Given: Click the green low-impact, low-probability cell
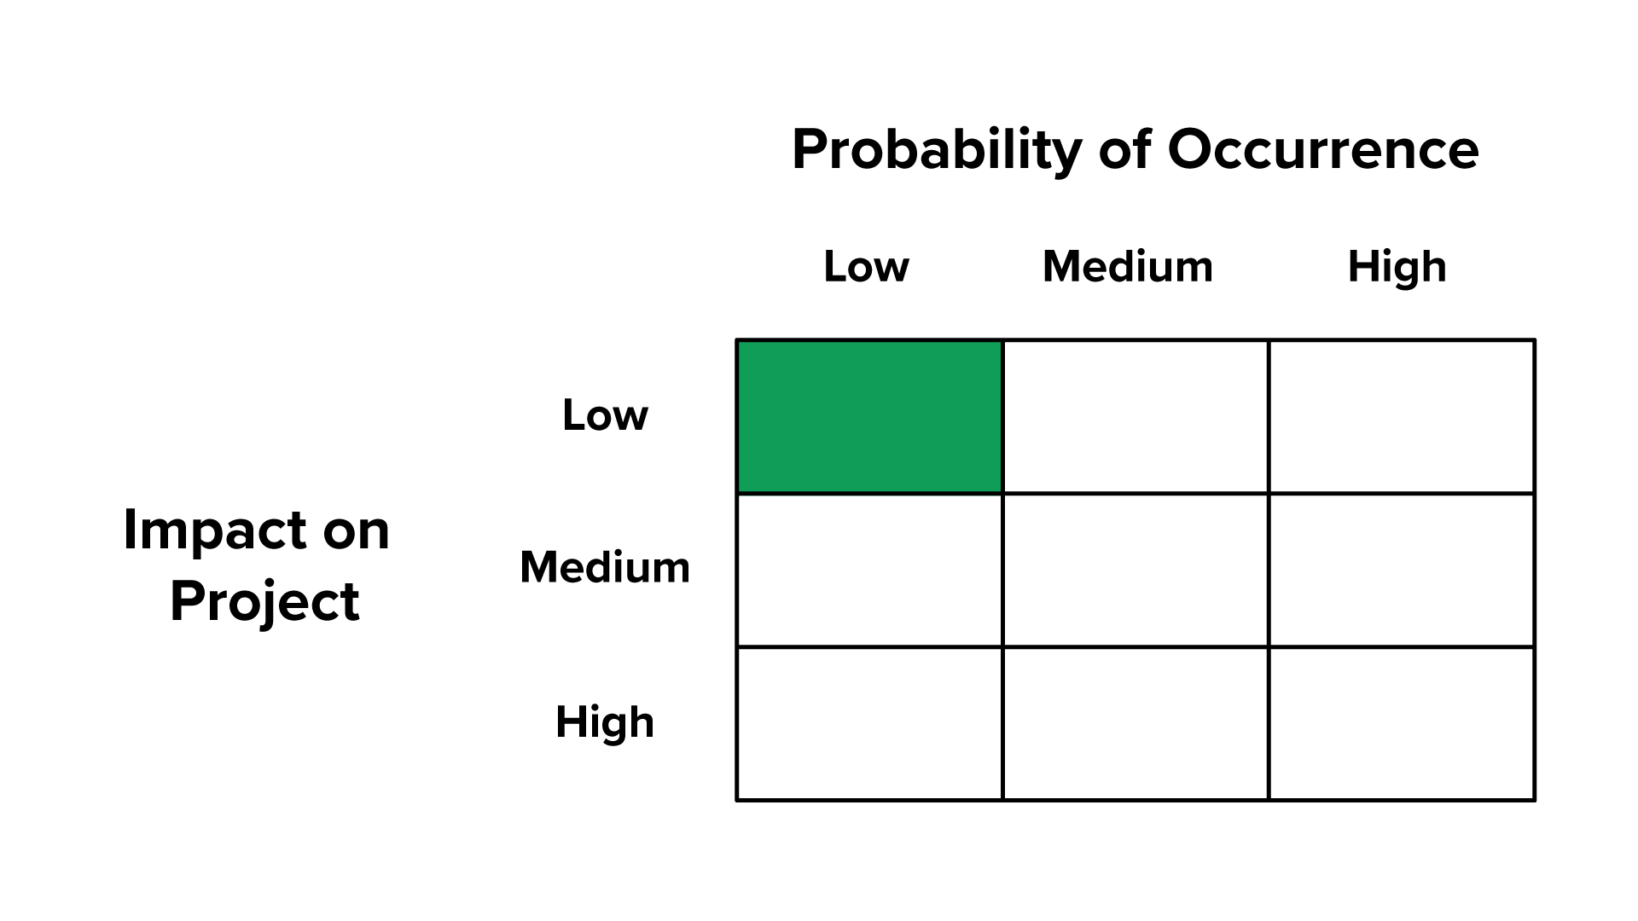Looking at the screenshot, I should [x=869, y=416].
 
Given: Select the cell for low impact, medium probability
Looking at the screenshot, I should [x=1136, y=416].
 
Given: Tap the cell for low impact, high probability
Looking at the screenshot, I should [x=1402, y=416].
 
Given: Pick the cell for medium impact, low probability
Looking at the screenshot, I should [x=869, y=570].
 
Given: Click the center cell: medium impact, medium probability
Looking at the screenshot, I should [x=1136, y=570].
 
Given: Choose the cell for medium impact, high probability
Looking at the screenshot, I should [x=1402, y=570].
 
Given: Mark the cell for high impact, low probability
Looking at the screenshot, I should [x=869, y=723].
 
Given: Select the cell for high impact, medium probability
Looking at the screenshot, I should [x=1136, y=723].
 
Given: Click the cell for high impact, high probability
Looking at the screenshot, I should [x=1402, y=723].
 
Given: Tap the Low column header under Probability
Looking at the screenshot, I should [x=866, y=267].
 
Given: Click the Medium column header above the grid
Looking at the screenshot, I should [x=1128, y=267].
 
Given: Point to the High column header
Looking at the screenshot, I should [x=1397, y=267].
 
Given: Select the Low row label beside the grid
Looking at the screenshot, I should [x=605, y=415].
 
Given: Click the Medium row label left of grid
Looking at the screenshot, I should [x=605, y=567].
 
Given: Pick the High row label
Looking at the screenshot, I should [x=605, y=722].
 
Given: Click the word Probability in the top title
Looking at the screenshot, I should [x=937, y=150].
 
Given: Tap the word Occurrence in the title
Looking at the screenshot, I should [x=1322, y=150].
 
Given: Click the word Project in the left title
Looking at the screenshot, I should [x=264, y=601].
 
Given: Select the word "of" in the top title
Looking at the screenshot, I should [x=1124, y=150].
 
